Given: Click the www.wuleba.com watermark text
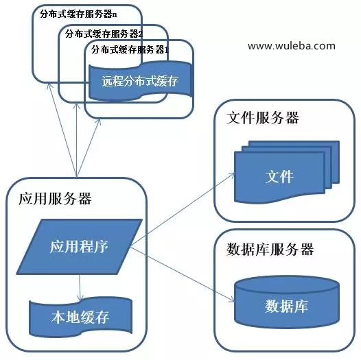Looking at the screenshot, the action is (x=292, y=46).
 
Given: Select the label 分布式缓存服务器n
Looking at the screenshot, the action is (x=78, y=14).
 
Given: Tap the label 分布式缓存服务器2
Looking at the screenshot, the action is (x=104, y=34).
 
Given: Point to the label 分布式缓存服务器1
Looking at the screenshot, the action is (x=130, y=49).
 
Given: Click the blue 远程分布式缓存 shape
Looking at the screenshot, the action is (x=141, y=81).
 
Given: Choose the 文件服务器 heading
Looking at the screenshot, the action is (x=262, y=118).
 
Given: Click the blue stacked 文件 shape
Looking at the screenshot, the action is (x=287, y=172).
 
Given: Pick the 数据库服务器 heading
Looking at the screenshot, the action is (x=270, y=250).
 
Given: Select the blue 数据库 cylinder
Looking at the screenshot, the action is (x=287, y=302).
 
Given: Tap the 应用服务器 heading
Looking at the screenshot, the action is (x=55, y=199).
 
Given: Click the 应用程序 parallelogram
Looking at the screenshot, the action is (x=80, y=247).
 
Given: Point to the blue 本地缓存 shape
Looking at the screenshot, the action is (x=80, y=317).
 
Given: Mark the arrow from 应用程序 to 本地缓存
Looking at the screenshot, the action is (x=80, y=287).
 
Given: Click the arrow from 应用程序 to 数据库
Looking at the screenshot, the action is (x=183, y=275).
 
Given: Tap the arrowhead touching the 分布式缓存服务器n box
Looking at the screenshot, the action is (x=49, y=85).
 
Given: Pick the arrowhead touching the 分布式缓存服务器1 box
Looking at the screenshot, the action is (x=99, y=121).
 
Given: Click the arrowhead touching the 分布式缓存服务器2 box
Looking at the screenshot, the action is (x=77, y=106).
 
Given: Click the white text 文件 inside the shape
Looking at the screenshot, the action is (x=279, y=177).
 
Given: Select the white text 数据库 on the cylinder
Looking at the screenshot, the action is (x=286, y=306).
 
